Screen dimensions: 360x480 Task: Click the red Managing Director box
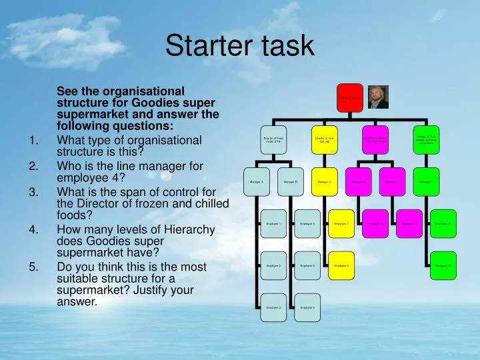[x=349, y=97]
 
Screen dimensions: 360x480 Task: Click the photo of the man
[x=378, y=97]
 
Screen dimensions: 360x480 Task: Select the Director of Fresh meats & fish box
[x=274, y=139]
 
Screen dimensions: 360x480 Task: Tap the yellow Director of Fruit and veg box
[x=325, y=139]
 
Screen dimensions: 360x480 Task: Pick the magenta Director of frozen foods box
[x=375, y=139]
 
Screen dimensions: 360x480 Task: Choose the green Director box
[x=426, y=139]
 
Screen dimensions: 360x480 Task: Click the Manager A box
[x=257, y=181]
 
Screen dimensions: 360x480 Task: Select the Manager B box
[x=291, y=181]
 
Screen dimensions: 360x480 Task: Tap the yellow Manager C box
[x=325, y=181]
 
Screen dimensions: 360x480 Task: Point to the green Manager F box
[x=426, y=181]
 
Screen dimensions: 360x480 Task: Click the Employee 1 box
[x=274, y=223]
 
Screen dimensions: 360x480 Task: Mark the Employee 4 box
[x=307, y=223]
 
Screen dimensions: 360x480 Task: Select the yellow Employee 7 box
[x=341, y=223]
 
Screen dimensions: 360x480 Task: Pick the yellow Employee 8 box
[x=341, y=265]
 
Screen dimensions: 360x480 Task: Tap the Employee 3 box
[x=274, y=307]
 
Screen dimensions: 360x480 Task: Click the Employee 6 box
[x=307, y=307]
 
